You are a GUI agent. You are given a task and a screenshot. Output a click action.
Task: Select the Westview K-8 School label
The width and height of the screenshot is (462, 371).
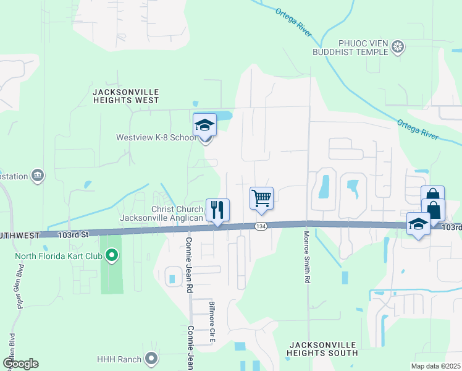(156, 137)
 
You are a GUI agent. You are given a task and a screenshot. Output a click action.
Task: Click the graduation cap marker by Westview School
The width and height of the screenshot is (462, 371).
(204, 126)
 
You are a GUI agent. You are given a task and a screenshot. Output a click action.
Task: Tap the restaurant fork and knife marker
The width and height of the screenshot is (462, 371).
(217, 211)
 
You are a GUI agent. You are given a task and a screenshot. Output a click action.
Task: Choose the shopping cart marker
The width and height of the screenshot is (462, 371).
(261, 198)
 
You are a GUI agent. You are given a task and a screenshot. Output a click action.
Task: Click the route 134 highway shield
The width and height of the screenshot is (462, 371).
(261, 227)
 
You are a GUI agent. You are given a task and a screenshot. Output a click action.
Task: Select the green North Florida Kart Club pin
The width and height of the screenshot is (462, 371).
(111, 254)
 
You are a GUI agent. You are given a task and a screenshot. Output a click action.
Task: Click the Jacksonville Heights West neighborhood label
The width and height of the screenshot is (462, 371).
(125, 95)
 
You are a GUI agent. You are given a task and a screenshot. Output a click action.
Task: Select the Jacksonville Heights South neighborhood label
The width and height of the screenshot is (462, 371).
(322, 348)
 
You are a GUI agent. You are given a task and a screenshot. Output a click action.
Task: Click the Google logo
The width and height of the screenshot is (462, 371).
(20, 364)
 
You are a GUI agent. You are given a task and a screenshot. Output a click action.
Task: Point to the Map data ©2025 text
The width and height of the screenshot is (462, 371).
(435, 366)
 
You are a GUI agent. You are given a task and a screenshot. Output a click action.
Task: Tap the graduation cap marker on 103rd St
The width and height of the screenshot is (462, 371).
(418, 224)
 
